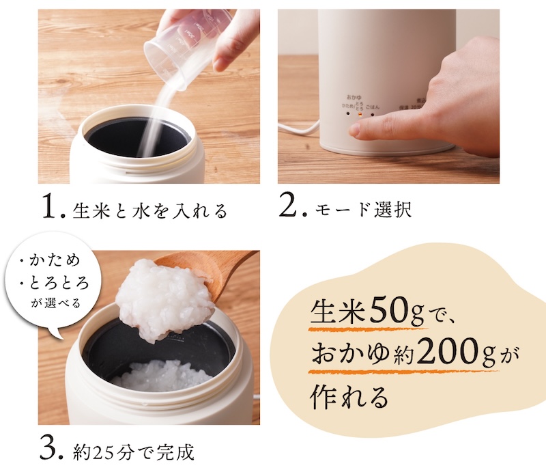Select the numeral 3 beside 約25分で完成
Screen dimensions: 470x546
point(51,451)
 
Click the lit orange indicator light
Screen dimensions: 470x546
point(360,114)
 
